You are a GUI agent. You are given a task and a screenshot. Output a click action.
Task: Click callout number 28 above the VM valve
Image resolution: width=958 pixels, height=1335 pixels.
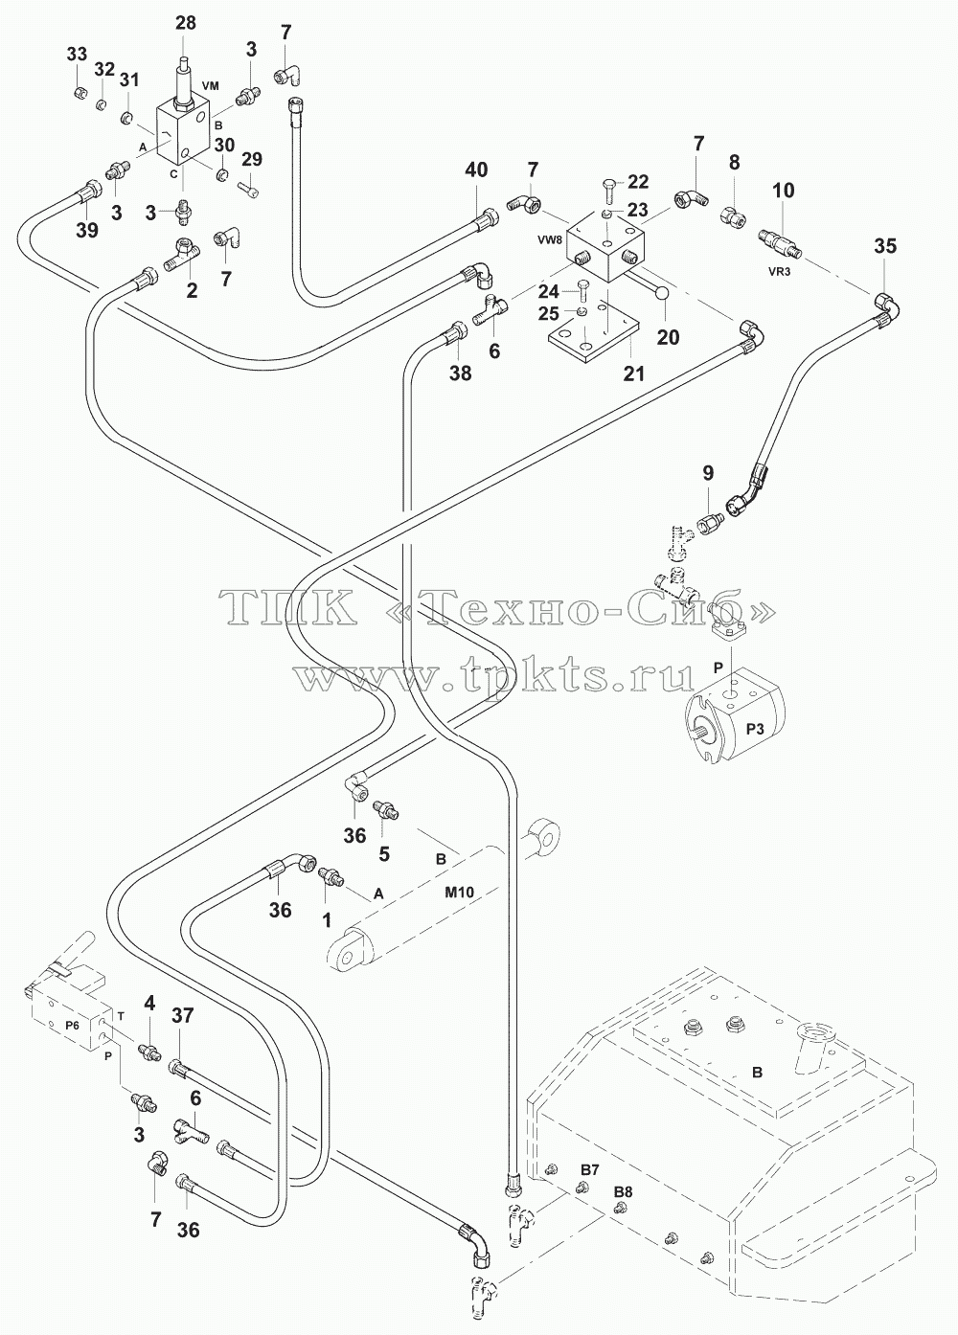(186, 23)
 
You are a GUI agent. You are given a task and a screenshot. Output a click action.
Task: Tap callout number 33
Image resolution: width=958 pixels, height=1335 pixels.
(77, 55)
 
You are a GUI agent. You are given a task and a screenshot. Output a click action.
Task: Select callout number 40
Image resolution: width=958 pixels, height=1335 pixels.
(476, 170)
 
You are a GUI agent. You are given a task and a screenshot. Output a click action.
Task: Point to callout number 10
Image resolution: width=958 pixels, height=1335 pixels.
(784, 191)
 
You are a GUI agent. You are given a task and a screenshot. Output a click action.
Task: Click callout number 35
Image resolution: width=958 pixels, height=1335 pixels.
(885, 245)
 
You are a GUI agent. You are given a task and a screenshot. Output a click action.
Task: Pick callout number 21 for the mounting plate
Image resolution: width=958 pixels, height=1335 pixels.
(634, 373)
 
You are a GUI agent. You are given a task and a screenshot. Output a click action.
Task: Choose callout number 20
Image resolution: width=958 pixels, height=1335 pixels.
(669, 337)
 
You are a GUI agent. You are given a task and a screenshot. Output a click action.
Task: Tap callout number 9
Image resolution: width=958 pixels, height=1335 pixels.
(708, 473)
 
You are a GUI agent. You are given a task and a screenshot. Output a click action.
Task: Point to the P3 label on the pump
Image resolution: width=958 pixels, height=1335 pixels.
(756, 731)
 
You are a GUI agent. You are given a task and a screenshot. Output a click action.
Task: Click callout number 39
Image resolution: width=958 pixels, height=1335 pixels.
(87, 230)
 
